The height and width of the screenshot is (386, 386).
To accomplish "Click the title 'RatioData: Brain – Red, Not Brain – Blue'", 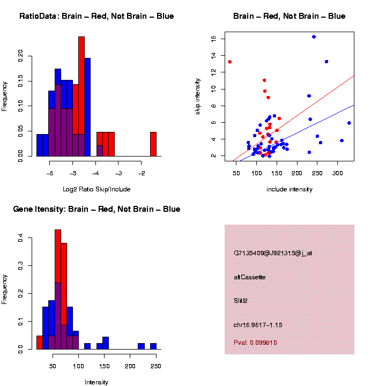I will coord(96,17).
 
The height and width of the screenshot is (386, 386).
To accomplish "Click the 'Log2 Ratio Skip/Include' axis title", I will coord(96,189).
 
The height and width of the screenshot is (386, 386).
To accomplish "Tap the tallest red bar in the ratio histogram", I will coord(81,96).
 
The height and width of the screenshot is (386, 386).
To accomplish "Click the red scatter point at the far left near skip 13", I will coord(229,62).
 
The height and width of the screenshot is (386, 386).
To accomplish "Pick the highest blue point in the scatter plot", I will coord(314,37).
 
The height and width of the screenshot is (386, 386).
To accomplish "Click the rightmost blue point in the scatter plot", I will coord(349,123).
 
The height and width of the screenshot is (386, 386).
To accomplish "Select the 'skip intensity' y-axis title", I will coord(198,95).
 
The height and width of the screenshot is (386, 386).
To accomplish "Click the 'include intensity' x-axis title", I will coord(289,189).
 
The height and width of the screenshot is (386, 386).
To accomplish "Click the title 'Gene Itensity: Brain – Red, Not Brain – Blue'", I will coord(96,209).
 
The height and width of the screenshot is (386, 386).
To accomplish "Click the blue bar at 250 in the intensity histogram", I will coord(153,346).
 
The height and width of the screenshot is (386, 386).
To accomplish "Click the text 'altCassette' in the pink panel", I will coord(249,277).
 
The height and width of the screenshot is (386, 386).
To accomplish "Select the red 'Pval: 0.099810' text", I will coord(255,343).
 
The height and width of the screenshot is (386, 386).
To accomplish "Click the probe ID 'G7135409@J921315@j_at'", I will coord(273,253).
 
